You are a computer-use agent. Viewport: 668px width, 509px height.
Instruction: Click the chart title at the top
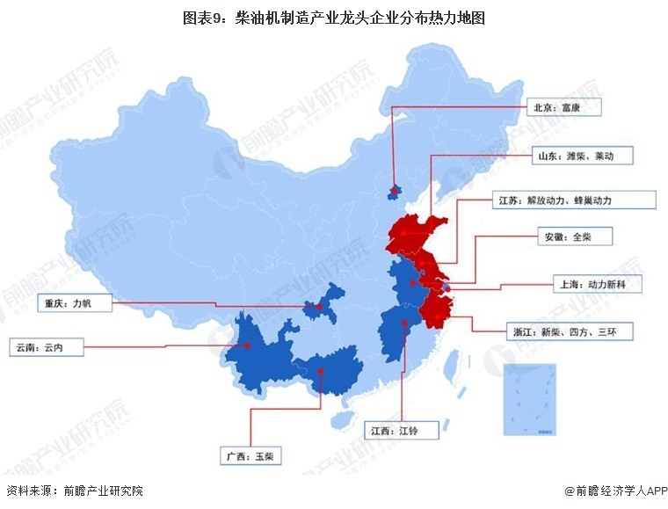334,18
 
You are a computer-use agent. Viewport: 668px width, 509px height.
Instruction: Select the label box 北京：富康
566,108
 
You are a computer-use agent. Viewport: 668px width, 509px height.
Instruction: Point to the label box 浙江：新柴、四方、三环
567,332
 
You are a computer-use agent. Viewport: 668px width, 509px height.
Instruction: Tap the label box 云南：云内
46,347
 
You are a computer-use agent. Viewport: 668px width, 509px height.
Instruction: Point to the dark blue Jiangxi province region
400,334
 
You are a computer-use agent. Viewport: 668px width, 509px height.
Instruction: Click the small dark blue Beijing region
396,191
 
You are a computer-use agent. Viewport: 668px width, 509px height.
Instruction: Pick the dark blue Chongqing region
322,303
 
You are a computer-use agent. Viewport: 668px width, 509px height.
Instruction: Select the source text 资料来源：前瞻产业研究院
75,491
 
